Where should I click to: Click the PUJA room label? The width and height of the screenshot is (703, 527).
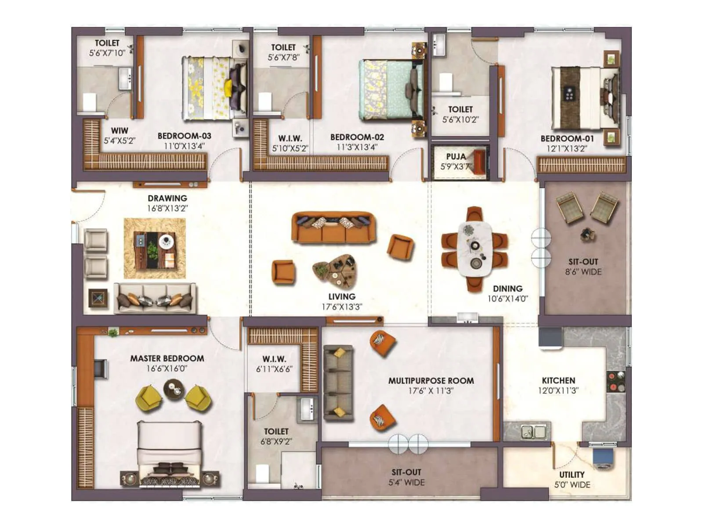click(456, 157)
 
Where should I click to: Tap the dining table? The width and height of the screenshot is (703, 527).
click(475, 249)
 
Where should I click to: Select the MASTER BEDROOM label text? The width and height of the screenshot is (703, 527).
click(167, 358)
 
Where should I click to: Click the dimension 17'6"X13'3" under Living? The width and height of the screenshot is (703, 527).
click(341, 307)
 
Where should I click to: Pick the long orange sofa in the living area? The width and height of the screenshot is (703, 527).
click(333, 227)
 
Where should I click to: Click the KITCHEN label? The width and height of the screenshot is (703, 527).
click(558, 380)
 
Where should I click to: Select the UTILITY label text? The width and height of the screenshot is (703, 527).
click(572, 474)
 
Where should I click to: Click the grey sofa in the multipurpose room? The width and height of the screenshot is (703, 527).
click(338, 383)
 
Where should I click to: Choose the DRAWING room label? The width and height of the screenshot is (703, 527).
click(167, 198)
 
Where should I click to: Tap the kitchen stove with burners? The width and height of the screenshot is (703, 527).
click(615, 382)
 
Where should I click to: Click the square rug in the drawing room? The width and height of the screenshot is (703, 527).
click(155, 249)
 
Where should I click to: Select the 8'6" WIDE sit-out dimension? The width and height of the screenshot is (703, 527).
click(583, 272)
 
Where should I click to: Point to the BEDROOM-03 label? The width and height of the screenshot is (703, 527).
click(184, 136)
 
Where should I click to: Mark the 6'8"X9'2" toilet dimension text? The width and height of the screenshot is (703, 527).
click(276, 441)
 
